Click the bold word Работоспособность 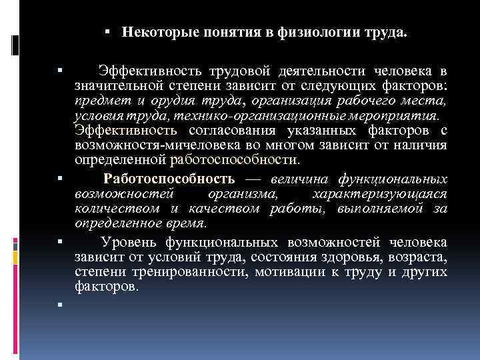(x=169, y=179)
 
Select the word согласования (x=221, y=130)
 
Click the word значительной (x=133, y=86)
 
